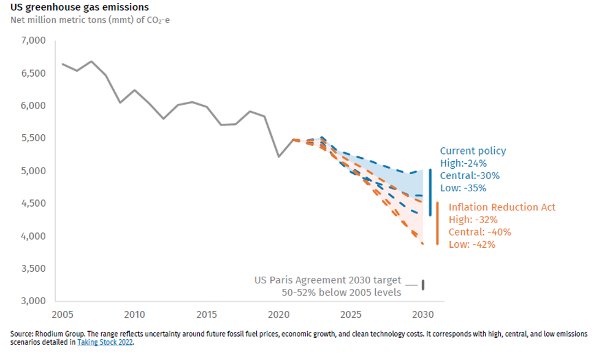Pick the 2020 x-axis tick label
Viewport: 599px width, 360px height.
(x=279, y=315)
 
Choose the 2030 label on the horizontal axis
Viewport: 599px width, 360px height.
(x=424, y=315)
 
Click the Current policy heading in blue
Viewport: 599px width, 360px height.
(x=473, y=151)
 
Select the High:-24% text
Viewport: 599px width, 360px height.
(x=463, y=163)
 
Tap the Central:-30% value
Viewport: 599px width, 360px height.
(x=470, y=175)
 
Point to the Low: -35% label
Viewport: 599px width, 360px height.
(x=463, y=188)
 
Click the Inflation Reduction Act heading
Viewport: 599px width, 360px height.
(x=502, y=207)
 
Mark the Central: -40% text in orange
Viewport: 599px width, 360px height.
(x=479, y=232)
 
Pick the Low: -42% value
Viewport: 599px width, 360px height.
(x=472, y=244)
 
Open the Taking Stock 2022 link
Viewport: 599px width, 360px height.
(x=105, y=342)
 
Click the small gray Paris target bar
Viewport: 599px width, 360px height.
(x=422, y=285)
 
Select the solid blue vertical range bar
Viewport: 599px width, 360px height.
(x=430, y=192)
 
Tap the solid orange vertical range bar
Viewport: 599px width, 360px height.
(x=437, y=223)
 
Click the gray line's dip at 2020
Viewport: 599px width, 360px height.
(x=279, y=156)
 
